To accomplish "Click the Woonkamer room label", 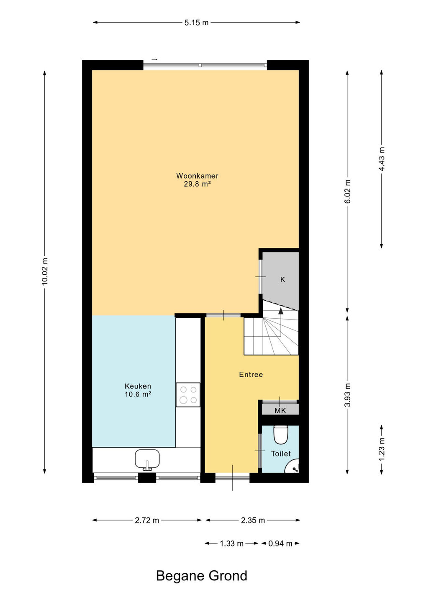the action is [197, 176].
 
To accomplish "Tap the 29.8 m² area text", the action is [197, 184].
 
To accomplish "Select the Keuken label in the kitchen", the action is [138, 386].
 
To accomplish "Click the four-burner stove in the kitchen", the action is [188, 394].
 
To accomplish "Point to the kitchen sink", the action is [147, 460].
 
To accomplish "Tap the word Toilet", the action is [281, 454].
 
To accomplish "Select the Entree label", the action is [251, 374].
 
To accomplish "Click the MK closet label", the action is [280, 411].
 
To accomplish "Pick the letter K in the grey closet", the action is [282, 279].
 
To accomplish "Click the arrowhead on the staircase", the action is [281, 311].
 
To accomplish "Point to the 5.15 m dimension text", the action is [196, 23].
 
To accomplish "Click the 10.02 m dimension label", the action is [45, 271].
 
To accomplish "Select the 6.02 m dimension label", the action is [347, 191].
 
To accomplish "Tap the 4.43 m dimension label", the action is [381, 159].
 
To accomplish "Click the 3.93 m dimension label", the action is [347, 394].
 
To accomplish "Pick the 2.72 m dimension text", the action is [147, 521].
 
